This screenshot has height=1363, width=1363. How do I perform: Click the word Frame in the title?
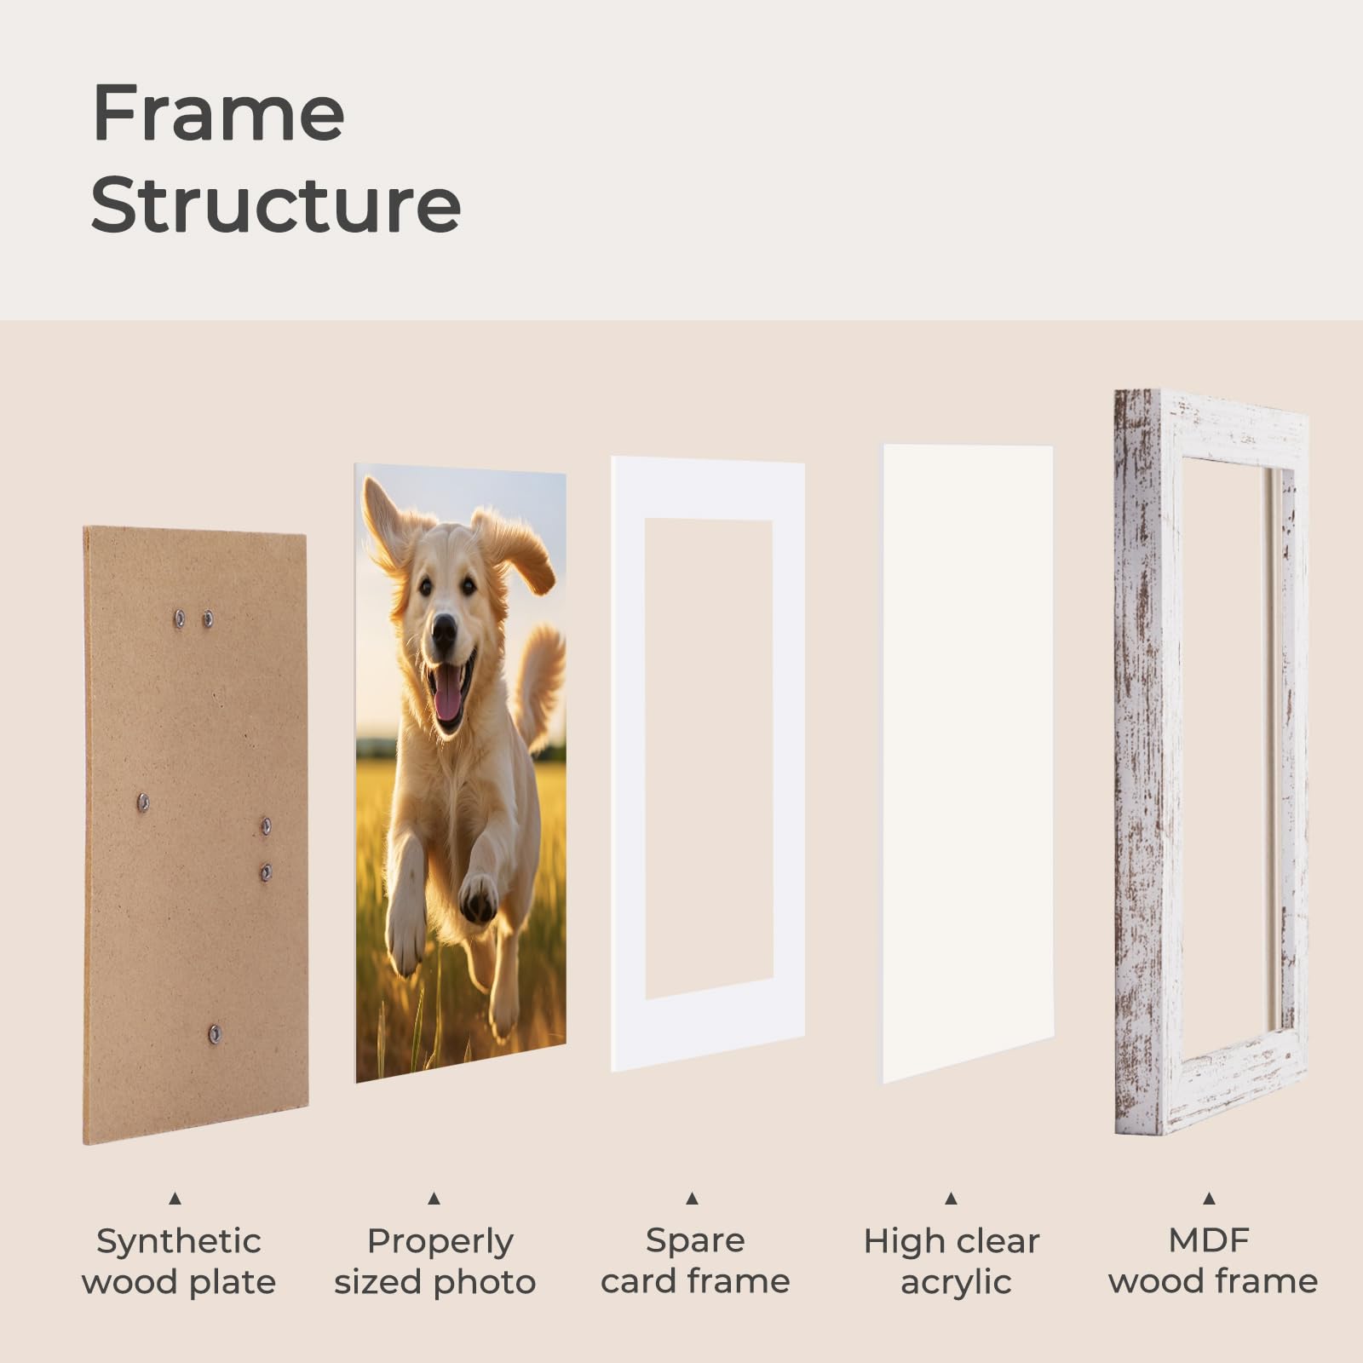218,112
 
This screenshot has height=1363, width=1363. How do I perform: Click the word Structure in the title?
276,204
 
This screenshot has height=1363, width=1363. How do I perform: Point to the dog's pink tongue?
447,697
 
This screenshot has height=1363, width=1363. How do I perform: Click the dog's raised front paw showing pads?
478,897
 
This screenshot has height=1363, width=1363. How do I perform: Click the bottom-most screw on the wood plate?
215,1034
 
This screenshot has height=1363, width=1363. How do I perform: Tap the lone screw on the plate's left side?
143,802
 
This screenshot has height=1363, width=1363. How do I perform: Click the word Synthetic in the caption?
179,1242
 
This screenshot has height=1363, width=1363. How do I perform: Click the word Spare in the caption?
695,1241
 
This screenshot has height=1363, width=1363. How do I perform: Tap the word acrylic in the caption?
956,1282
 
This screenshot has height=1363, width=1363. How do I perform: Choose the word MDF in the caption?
1209,1240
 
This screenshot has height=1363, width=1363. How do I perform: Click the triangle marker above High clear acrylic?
951,1199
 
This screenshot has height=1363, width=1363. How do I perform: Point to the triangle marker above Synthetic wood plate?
175,1199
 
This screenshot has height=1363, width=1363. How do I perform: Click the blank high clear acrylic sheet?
968,762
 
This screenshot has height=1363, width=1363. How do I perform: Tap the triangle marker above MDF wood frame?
1209,1199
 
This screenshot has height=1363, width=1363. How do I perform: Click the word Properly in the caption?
440,1242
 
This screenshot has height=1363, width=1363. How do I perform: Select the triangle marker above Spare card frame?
692,1199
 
